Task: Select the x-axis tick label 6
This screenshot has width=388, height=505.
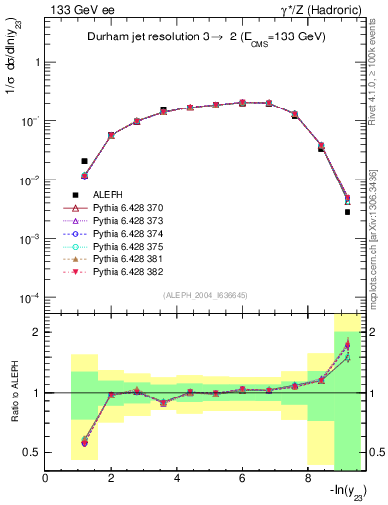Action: point(242,478)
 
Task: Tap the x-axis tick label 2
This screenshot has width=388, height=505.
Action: point(112,478)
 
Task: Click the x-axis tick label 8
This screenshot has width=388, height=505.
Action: point(307,478)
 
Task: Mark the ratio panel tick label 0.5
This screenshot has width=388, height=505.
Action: point(35,452)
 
